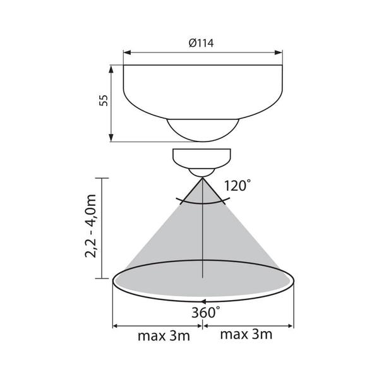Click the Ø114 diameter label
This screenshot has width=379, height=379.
point(201,43)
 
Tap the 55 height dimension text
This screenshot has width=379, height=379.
point(104,100)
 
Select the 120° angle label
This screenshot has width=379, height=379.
point(238,185)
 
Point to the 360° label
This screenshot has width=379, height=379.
point(206,312)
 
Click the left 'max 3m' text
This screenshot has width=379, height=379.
point(164,336)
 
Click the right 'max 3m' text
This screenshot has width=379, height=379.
point(246,334)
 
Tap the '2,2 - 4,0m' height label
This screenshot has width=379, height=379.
point(91,226)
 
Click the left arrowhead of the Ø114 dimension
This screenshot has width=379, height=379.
point(127,52)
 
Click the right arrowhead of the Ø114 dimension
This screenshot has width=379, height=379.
point(279,52)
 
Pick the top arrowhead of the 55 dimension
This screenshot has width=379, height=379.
point(111,69)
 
